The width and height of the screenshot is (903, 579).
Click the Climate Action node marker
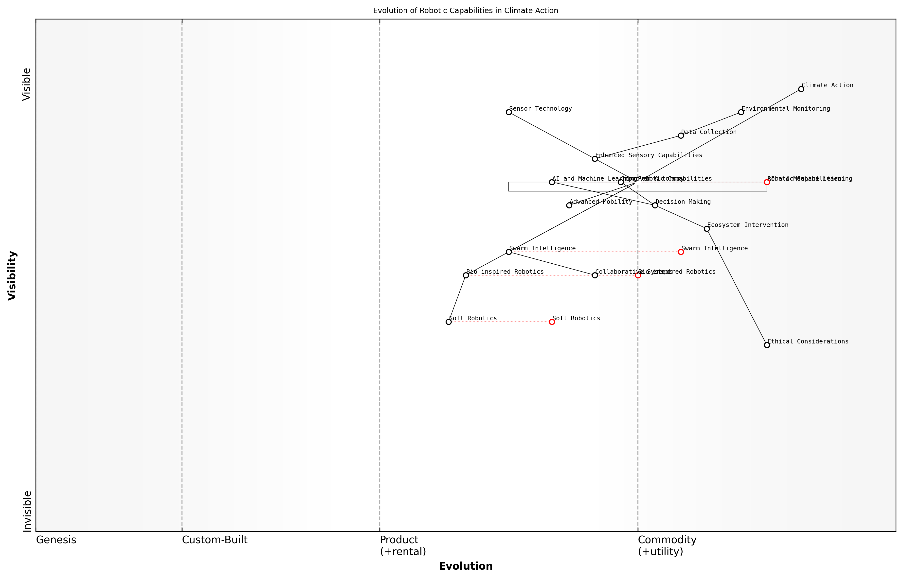(801, 89)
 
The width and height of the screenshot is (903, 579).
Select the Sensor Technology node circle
(509, 112)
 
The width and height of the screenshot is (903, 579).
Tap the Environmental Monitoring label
(786, 109)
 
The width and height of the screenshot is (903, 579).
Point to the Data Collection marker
(681, 135)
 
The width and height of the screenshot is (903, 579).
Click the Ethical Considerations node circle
(767, 345)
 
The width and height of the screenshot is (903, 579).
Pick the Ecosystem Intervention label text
(748, 225)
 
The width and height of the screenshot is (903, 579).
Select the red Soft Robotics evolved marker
(552, 322)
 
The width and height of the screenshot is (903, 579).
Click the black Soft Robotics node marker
(449, 322)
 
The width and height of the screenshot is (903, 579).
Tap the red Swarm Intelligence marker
(681, 252)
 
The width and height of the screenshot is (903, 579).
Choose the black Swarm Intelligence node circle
(509, 252)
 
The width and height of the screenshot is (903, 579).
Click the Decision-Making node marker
(655, 205)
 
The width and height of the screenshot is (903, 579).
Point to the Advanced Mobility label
(601, 202)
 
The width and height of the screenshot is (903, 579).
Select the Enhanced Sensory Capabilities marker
(595, 159)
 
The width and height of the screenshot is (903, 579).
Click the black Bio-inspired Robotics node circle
(466, 275)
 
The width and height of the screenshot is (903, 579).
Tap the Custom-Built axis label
(215, 540)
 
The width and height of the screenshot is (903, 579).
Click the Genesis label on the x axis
(56, 540)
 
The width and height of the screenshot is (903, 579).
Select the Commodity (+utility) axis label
(667, 545)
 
